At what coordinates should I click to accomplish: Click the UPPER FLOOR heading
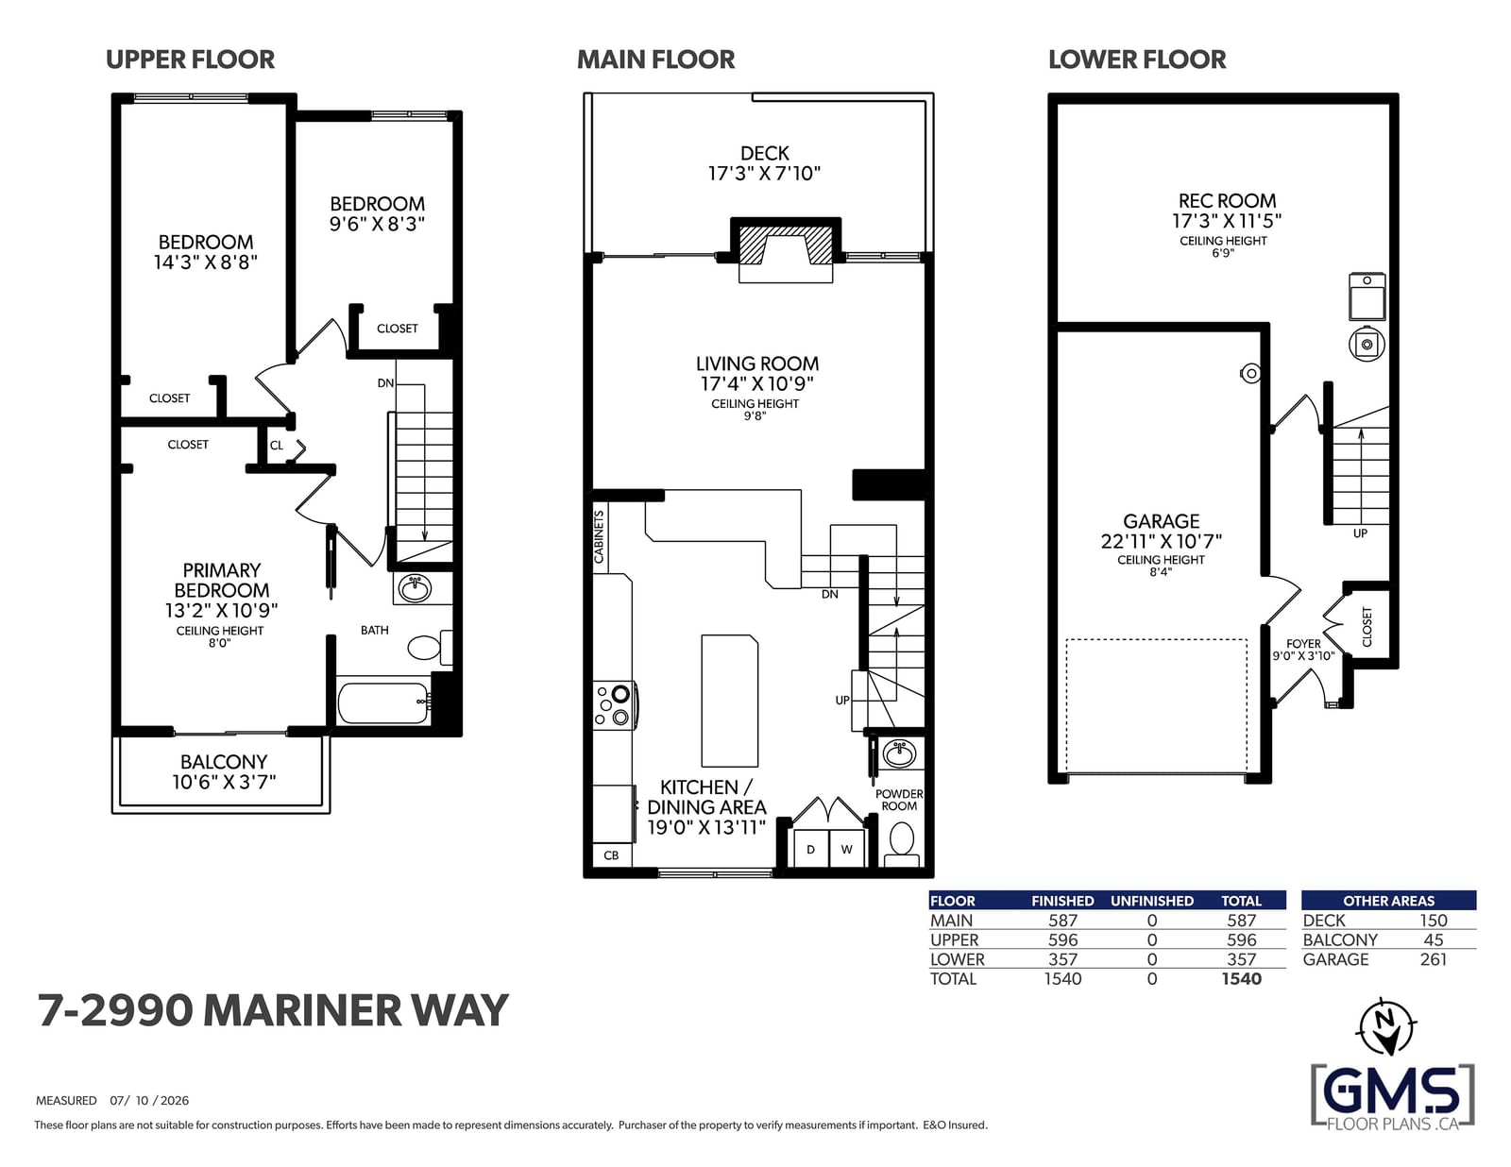coord(190,59)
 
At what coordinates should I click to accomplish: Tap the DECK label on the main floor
coord(764,153)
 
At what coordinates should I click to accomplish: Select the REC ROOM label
coord(1227,201)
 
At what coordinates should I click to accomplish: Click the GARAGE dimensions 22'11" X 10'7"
coord(1161,541)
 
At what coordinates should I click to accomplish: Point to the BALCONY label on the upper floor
coord(223,762)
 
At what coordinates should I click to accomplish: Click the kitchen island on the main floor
coord(729,700)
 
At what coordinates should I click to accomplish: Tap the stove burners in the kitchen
coord(614,704)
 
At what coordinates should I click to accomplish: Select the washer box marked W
coord(846,849)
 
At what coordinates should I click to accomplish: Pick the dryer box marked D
coord(811,849)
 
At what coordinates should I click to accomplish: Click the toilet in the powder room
coord(901,843)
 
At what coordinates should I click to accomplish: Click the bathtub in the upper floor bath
coord(383,702)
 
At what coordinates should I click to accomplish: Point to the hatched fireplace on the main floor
coord(785,243)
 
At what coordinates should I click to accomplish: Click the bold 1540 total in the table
coord(1241,979)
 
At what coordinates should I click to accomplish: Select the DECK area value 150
coord(1434,921)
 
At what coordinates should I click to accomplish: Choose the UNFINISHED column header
coord(1151,901)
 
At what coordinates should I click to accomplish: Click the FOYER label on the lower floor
coord(1303,644)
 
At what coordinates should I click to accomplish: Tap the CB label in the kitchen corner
coord(611,854)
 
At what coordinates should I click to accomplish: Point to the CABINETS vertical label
coord(599,536)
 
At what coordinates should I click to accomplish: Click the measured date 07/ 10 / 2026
coord(149,1100)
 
